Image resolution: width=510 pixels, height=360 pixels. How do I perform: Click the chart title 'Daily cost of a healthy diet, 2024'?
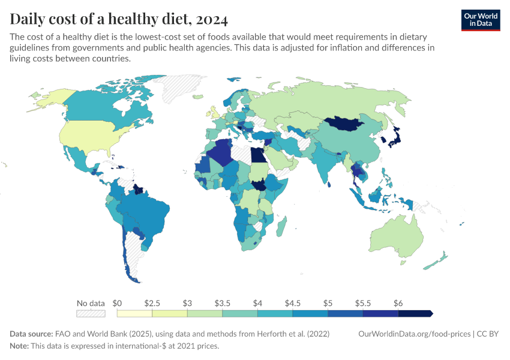click(119, 19)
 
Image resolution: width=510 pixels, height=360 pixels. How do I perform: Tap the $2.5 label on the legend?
click(152, 303)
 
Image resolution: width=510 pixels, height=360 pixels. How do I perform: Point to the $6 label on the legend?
click(398, 303)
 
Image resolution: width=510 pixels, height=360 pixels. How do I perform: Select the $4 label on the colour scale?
click(258, 303)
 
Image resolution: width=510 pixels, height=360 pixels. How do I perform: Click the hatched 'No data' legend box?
click(91, 313)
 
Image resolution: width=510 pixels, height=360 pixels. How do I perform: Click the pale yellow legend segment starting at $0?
click(134, 313)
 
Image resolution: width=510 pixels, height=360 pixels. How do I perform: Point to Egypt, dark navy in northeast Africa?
click(257, 155)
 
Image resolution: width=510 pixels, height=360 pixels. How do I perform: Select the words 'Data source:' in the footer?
click(31, 334)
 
